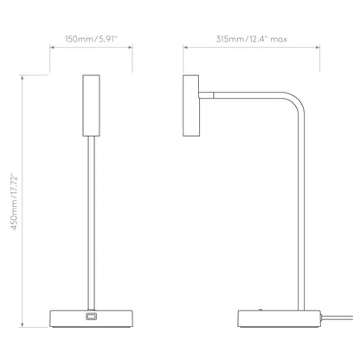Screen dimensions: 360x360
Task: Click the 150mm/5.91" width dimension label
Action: coord(91,39)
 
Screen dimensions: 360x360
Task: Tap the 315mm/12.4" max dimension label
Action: coord(252,39)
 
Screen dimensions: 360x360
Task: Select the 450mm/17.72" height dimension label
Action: coord(15,202)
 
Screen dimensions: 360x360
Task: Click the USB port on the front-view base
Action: coord(91,316)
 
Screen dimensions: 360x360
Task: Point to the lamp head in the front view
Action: coord(91,106)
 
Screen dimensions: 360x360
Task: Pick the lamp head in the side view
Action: coord(191,106)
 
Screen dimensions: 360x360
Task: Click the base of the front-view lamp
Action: coord(91,318)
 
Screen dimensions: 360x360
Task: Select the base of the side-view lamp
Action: coord(279,318)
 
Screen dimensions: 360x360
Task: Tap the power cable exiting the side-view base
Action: coord(337,318)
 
